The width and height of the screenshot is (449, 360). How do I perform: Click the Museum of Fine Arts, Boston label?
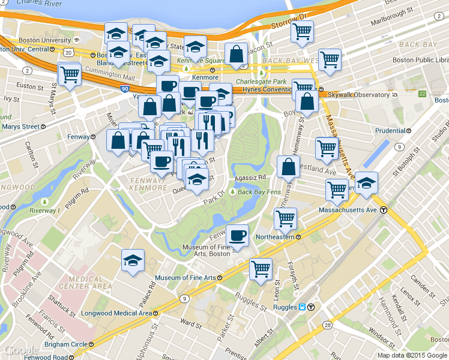pyautogui.click(x=206, y=250)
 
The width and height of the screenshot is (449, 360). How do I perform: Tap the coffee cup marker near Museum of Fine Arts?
pyautogui.click(x=238, y=235)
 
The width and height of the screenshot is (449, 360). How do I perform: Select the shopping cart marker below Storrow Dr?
pyautogui.click(x=302, y=31)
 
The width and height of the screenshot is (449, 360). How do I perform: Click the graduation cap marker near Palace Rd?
pyautogui.click(x=133, y=260)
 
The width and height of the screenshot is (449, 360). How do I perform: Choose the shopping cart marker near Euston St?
pyautogui.click(x=70, y=74)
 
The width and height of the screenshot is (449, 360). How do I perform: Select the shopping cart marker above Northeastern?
pyautogui.click(x=285, y=218)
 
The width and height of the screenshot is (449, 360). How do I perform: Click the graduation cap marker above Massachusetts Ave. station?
pyautogui.click(x=366, y=182)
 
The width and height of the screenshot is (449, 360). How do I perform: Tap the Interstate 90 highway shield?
pyautogui.click(x=124, y=89)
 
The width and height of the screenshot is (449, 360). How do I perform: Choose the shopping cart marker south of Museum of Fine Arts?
pyautogui.click(x=261, y=269)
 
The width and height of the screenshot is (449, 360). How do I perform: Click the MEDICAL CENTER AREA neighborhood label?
pyautogui.click(x=90, y=282)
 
